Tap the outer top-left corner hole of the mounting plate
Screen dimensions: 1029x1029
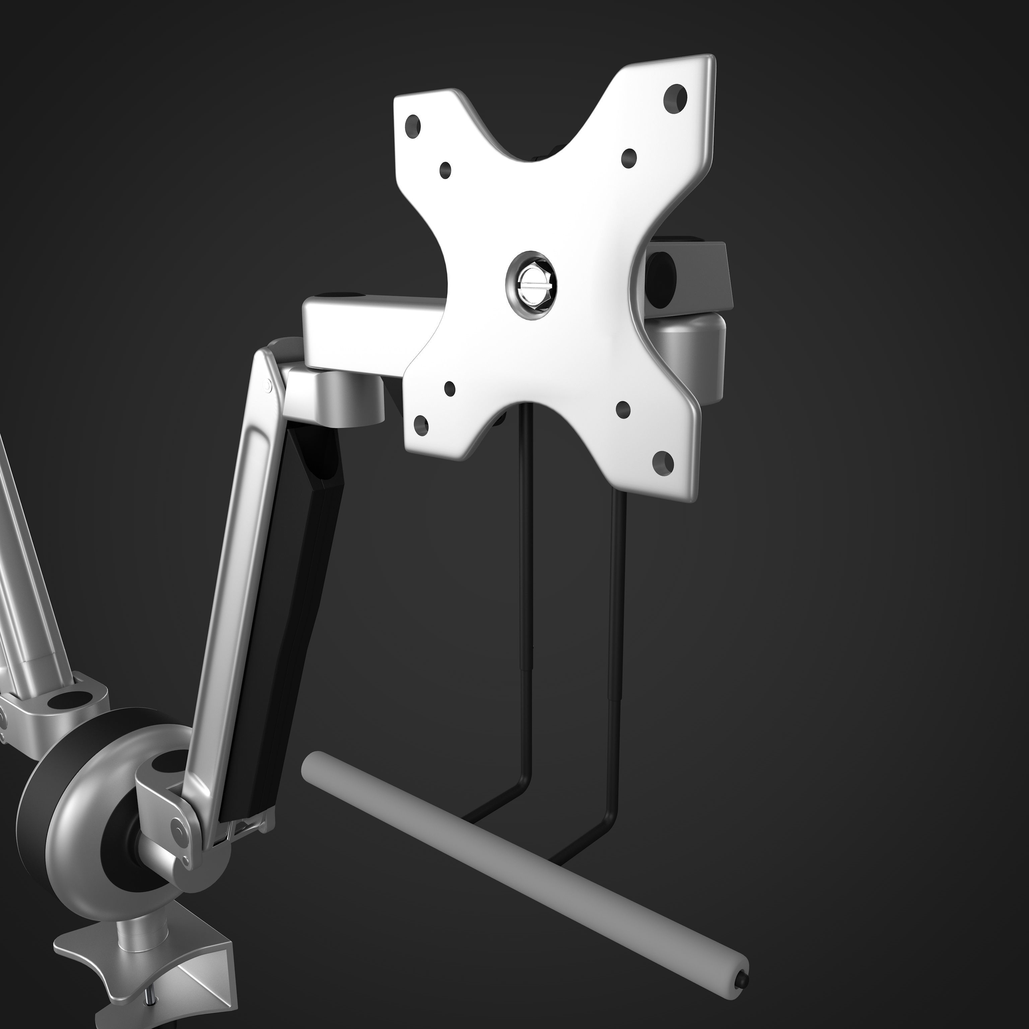point(413,127)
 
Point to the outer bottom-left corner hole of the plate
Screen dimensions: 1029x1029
point(421,424)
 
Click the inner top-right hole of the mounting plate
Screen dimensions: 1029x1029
point(629,157)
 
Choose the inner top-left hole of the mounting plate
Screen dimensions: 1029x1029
point(445,170)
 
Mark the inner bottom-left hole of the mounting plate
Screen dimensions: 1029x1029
point(450,389)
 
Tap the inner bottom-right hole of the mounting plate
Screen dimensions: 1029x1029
point(623,409)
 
